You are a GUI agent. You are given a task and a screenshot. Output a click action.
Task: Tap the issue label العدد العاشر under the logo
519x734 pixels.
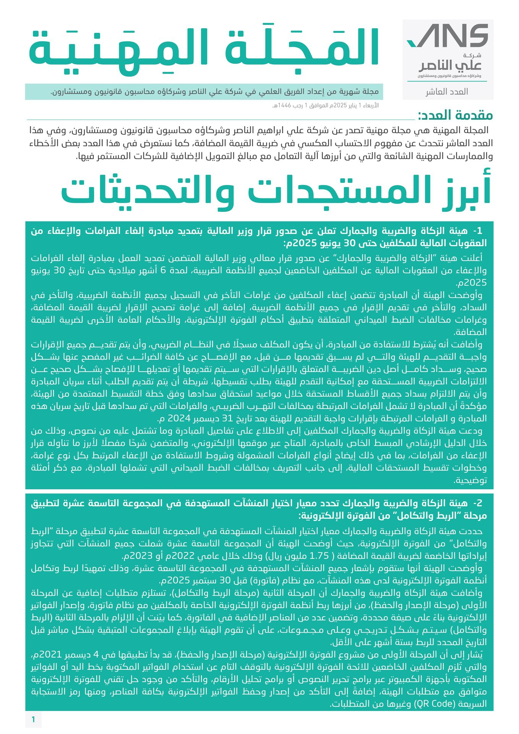tap(447, 92)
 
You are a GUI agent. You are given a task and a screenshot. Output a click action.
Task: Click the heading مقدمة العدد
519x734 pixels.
tap(455, 115)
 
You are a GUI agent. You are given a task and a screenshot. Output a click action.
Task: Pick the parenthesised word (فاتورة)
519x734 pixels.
tap(262, 580)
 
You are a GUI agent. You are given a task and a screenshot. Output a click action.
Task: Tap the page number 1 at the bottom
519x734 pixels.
tap(33, 720)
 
